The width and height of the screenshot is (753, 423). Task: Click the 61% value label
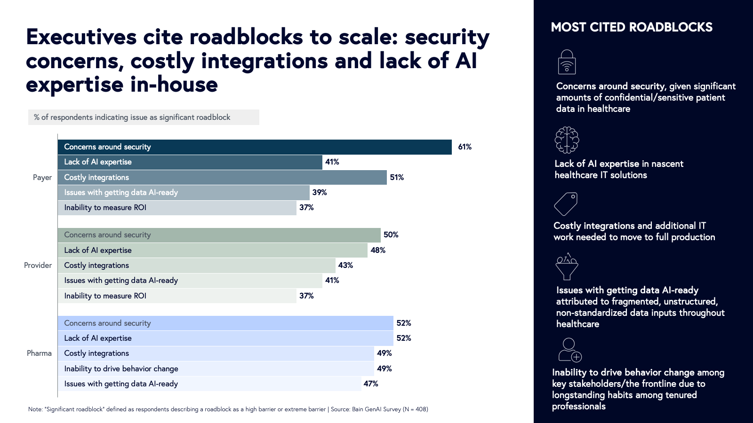pos(465,147)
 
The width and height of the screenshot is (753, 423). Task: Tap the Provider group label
pos(38,266)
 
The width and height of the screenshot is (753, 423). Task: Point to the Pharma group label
pos(39,353)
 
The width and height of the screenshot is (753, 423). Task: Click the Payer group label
pos(42,178)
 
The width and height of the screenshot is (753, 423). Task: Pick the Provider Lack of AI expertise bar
pos(212,250)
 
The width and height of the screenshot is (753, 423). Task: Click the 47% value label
pos(370,384)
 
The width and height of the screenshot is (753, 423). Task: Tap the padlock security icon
pos(567,62)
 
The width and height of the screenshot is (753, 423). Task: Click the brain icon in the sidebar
pos(567,140)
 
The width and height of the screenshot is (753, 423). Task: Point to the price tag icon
pos(566,204)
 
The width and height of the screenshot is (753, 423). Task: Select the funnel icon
pos(567,266)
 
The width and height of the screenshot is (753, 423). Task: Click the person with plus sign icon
pos(570,350)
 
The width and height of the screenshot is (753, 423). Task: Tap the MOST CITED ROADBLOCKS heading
pos(632,27)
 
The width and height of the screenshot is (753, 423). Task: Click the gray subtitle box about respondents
pos(144,117)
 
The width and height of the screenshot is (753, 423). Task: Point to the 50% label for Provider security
pos(391,235)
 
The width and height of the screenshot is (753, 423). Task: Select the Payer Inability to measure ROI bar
pos(177,208)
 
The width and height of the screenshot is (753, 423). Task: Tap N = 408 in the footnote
pos(415,409)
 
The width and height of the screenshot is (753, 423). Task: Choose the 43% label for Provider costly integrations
pos(345,266)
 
